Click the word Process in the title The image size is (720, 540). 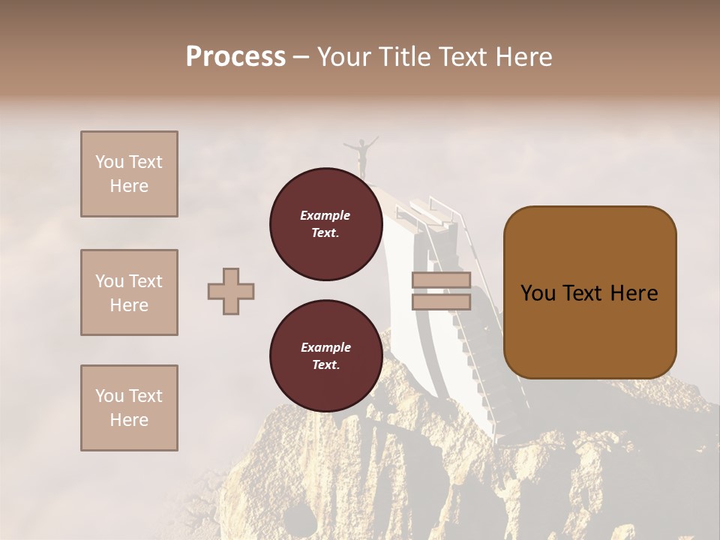tap(235, 57)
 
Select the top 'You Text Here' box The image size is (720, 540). tap(129, 174)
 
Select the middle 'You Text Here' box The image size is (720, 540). tap(129, 292)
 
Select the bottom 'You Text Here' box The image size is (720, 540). tap(129, 408)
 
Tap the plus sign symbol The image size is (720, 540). tap(231, 291)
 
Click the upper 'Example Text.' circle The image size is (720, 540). tap(325, 224)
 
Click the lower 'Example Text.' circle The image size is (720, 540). tap(325, 356)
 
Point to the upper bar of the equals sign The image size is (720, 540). tap(441, 280)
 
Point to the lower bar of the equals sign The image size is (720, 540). tap(441, 302)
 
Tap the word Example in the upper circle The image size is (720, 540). tap(325, 215)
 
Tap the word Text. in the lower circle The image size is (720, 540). tap(325, 365)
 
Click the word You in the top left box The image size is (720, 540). tap(109, 162)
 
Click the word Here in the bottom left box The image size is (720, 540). tap(129, 420)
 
